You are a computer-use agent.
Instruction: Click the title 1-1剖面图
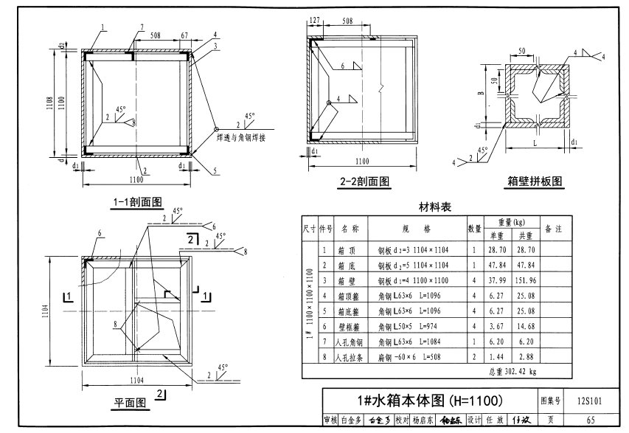137,201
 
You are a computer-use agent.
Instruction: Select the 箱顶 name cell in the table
349,250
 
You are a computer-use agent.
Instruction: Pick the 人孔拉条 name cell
349,358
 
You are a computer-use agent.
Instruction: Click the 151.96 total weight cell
527,281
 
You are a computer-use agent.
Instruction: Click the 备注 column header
553,229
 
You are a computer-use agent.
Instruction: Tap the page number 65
589,420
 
